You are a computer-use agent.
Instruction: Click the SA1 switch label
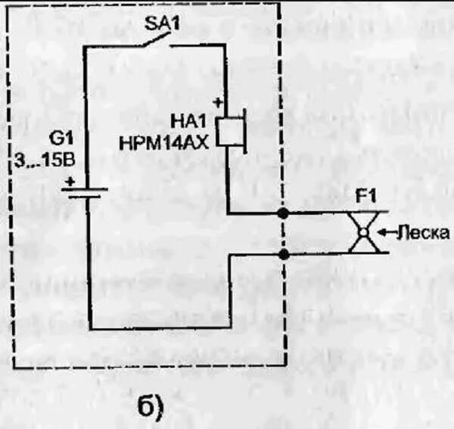[x=160, y=23]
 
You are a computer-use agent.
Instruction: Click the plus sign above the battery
[x=70, y=182]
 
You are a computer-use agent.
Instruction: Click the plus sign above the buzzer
[x=218, y=101]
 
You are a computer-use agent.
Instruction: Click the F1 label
[x=366, y=197]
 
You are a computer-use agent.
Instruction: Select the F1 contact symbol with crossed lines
[x=365, y=233]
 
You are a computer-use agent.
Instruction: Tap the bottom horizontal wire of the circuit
[x=160, y=330]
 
